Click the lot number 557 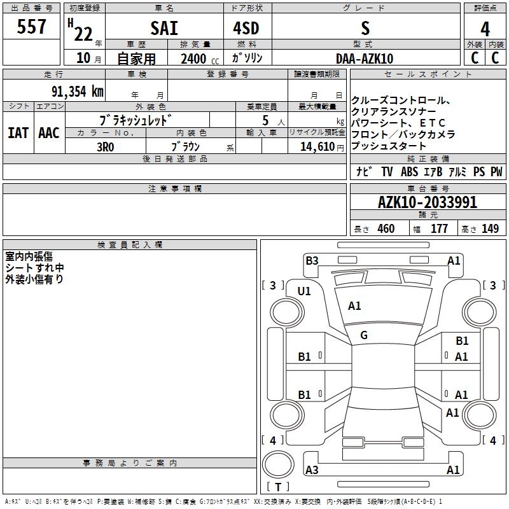pos(31,27)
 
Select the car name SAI pos(164,28)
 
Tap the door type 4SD pos(246,28)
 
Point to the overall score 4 pos(485,29)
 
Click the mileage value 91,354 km pos(78,92)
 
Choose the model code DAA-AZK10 pos(365,59)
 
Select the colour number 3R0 pos(106,147)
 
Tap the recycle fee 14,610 pos(317,147)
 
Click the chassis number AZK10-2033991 pos(428,202)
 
